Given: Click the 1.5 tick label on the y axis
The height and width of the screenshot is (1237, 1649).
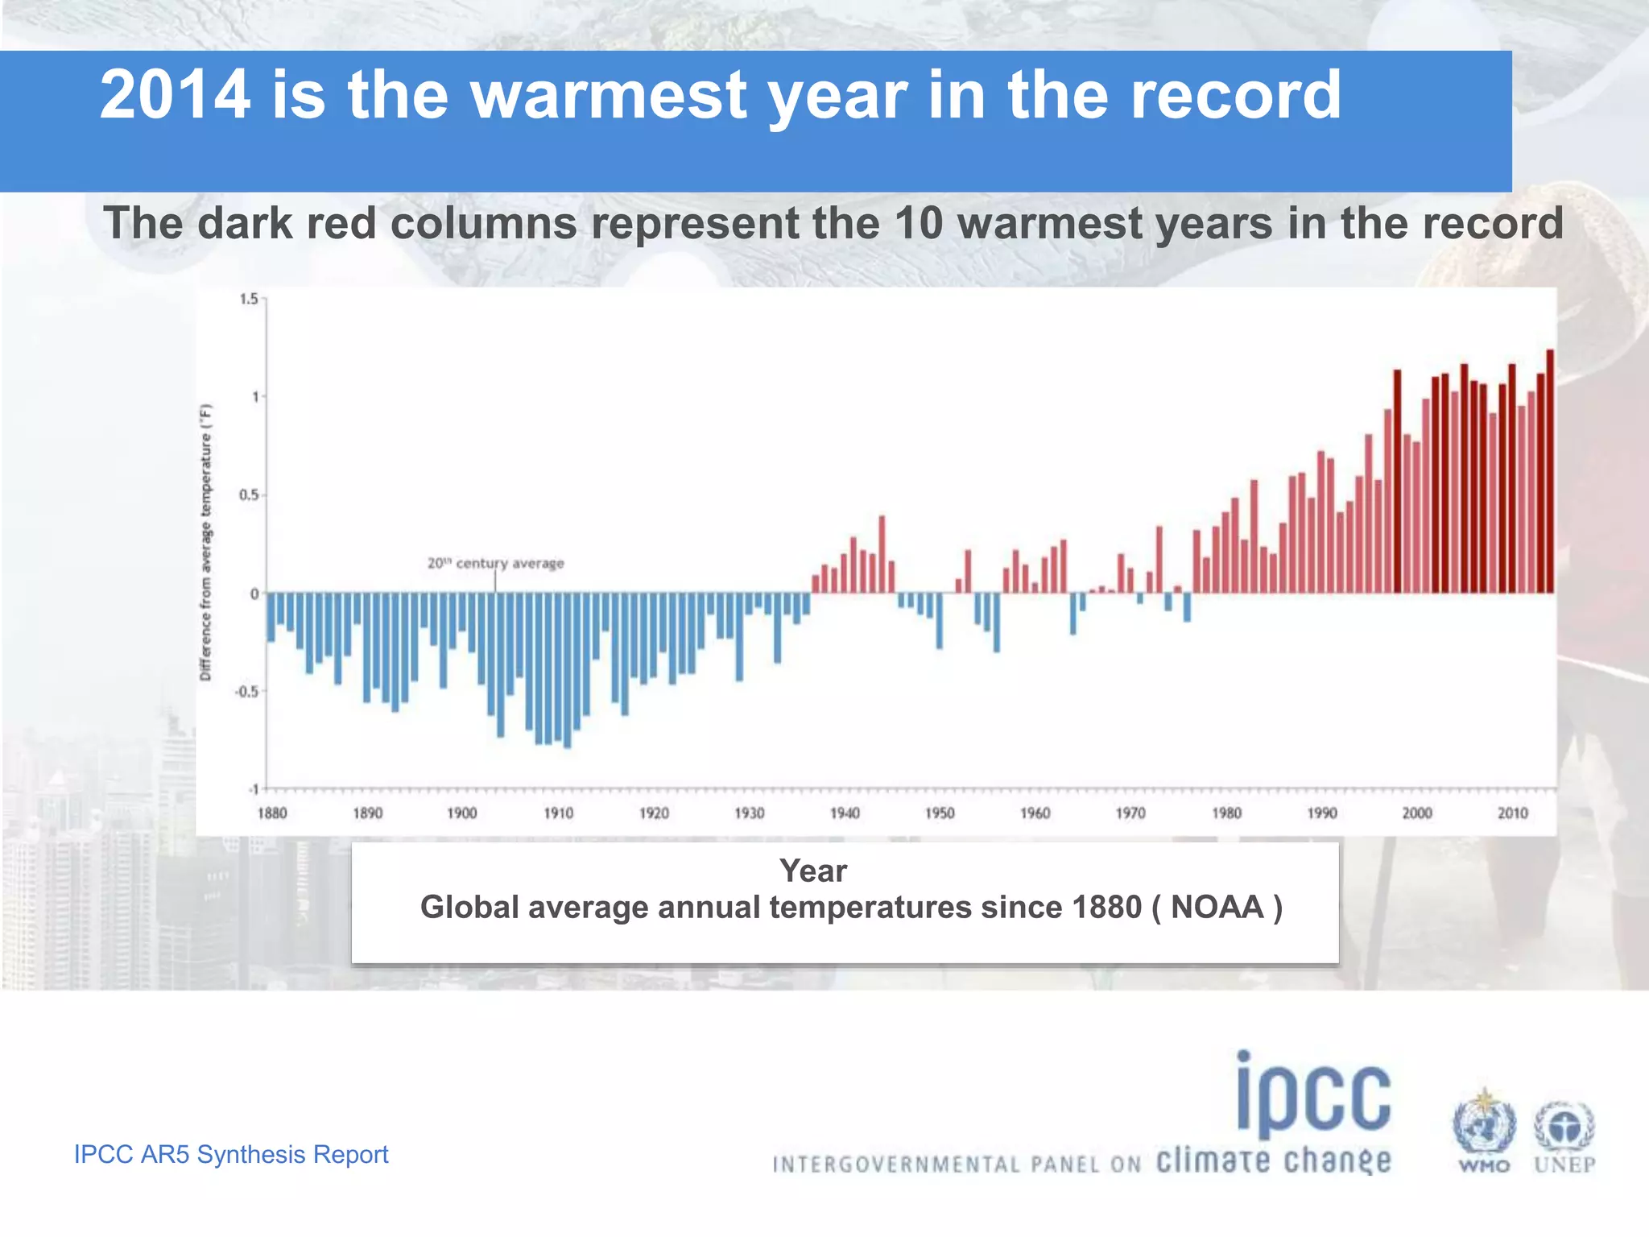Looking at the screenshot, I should [249, 300].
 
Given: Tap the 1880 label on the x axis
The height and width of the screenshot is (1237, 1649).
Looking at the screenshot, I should [272, 813].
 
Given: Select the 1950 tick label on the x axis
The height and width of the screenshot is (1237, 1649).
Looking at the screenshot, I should [940, 813].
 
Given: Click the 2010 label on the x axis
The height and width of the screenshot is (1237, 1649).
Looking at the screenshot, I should [1512, 813].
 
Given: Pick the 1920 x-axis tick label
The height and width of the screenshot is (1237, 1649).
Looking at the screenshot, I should [654, 813].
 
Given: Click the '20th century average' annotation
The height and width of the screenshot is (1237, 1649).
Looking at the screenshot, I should [495, 564].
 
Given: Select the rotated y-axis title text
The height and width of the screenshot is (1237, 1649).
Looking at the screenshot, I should [206, 542].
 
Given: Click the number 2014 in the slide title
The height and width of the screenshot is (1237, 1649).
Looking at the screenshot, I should [175, 95].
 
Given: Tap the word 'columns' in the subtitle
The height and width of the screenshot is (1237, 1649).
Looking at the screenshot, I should [483, 223].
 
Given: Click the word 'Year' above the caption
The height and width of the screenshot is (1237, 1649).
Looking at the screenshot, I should [813, 871].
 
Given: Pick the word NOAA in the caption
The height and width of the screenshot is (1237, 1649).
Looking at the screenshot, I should [1217, 908].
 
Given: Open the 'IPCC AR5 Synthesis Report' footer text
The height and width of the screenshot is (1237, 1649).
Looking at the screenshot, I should [231, 1154].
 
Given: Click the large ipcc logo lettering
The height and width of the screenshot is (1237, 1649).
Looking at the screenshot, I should [1314, 1095].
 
